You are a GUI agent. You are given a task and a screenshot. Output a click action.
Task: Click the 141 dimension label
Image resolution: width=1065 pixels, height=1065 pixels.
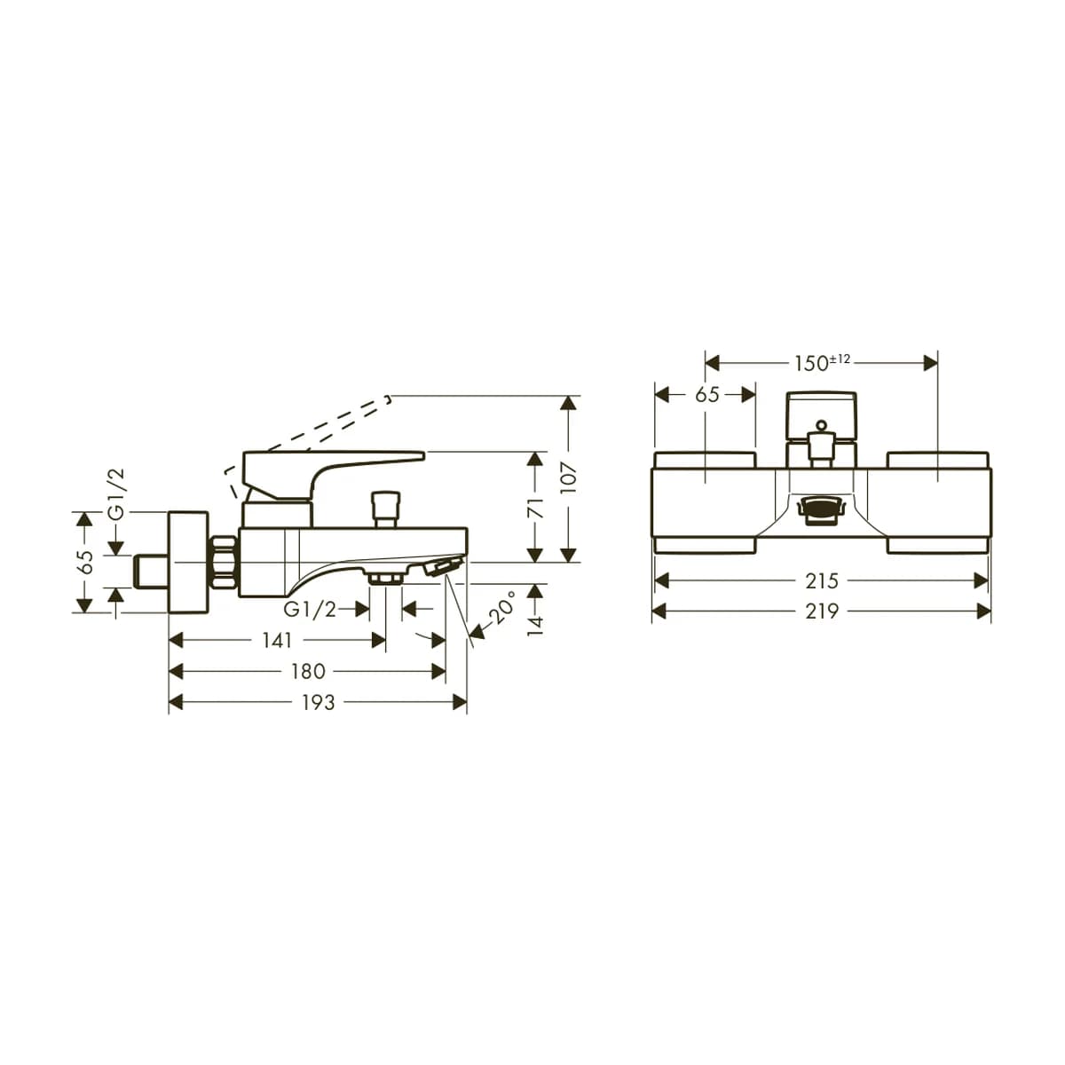pos(278,641)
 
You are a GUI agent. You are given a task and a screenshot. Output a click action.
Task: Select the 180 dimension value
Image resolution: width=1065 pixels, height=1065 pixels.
pos(308,672)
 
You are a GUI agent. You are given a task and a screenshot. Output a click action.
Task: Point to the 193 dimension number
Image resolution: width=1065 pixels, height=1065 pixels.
pos(319,702)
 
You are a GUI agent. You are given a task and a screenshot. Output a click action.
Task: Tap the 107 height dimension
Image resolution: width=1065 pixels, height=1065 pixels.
pos(569,477)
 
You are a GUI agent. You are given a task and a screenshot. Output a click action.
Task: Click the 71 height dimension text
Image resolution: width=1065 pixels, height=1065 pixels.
pos(535,508)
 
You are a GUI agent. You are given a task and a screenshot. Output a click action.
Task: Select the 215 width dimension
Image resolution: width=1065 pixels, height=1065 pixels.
pos(822,580)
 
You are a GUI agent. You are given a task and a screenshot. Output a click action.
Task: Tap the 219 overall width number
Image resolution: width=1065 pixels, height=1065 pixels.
pos(822,611)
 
